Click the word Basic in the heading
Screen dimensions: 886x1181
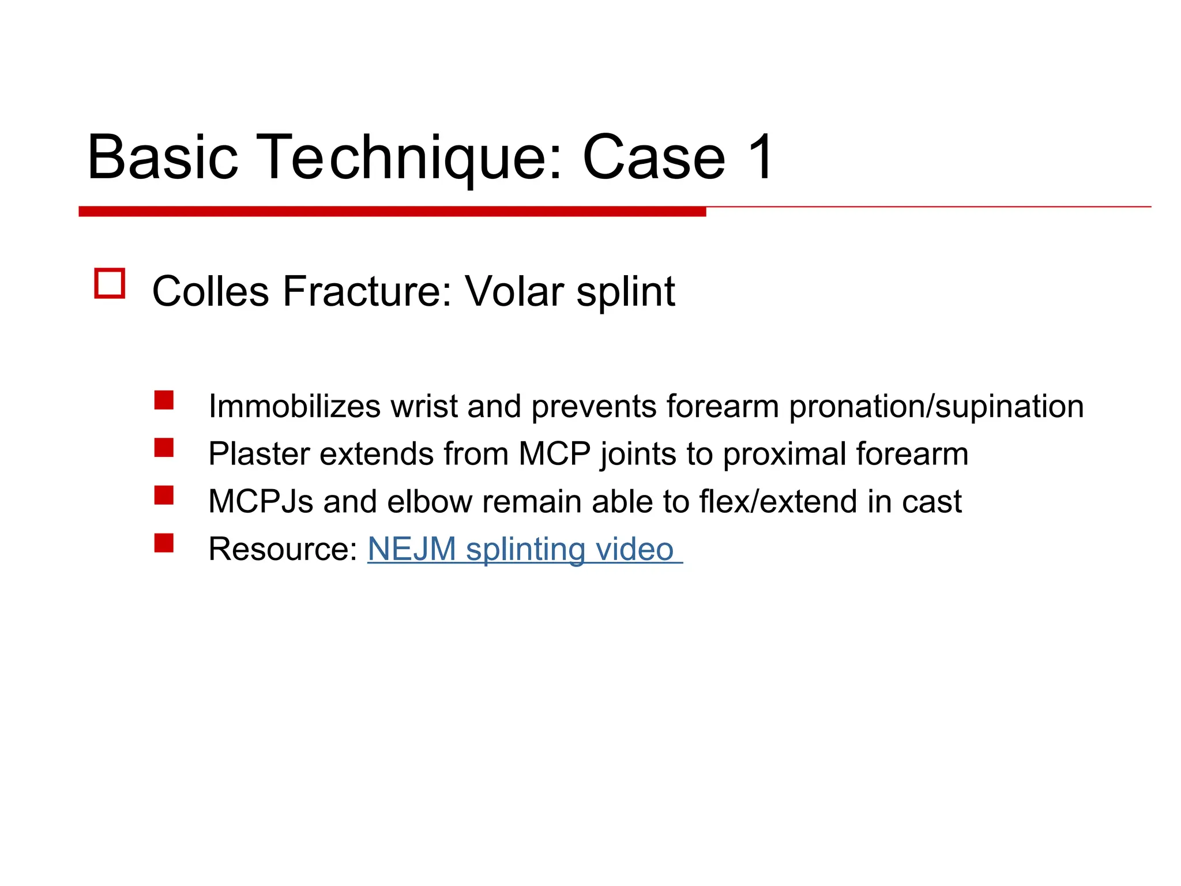[x=163, y=157]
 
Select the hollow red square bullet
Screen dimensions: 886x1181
[x=110, y=284]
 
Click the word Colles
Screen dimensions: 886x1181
[x=210, y=291]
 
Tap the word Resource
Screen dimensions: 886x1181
[x=283, y=549]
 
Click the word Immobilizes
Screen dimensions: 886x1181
[x=294, y=406]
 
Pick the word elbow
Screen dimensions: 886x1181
[x=430, y=501]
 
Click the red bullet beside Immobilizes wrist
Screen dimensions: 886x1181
[x=164, y=400]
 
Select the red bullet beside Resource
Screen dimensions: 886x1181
[x=164, y=543]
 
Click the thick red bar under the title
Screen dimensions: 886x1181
[x=392, y=212]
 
